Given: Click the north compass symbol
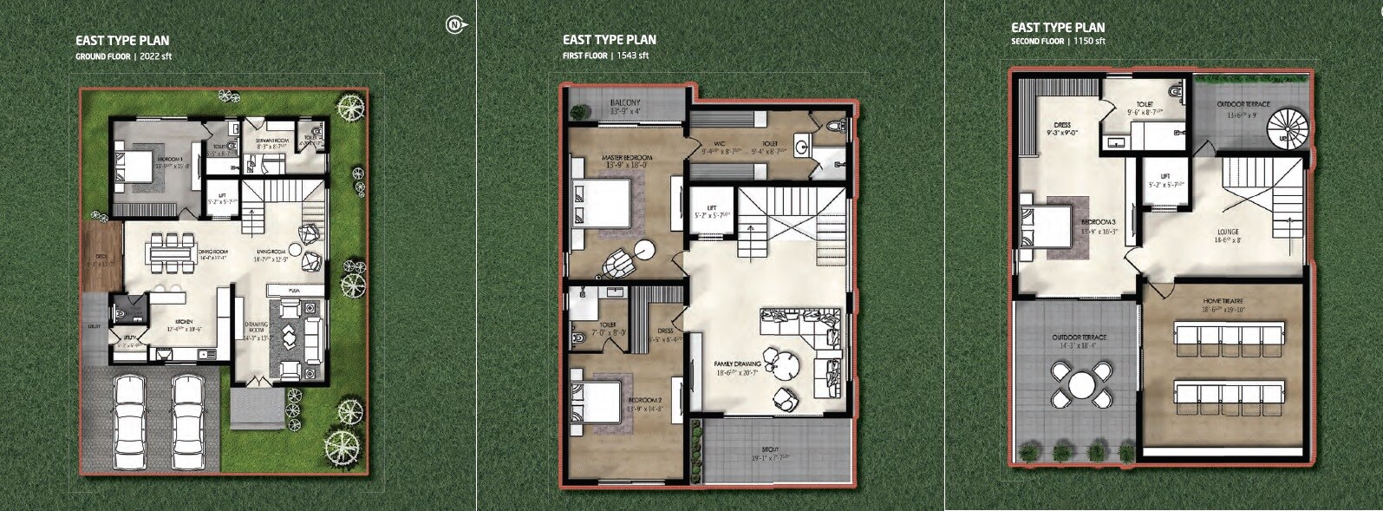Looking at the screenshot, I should pyautogui.click(x=455, y=25).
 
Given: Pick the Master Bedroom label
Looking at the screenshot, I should pyautogui.click(x=626, y=158).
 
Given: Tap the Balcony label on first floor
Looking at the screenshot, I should pyautogui.click(x=624, y=103).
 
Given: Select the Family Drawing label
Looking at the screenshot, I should pyautogui.click(x=737, y=364).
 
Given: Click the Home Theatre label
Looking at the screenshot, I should pyautogui.click(x=1223, y=301).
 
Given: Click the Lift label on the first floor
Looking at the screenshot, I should pyautogui.click(x=712, y=208).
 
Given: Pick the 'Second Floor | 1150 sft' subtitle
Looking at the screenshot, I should pyautogui.click(x=1058, y=41).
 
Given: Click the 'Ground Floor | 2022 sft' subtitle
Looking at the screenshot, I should pyautogui.click(x=123, y=56).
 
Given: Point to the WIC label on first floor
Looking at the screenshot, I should pyautogui.click(x=719, y=143).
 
